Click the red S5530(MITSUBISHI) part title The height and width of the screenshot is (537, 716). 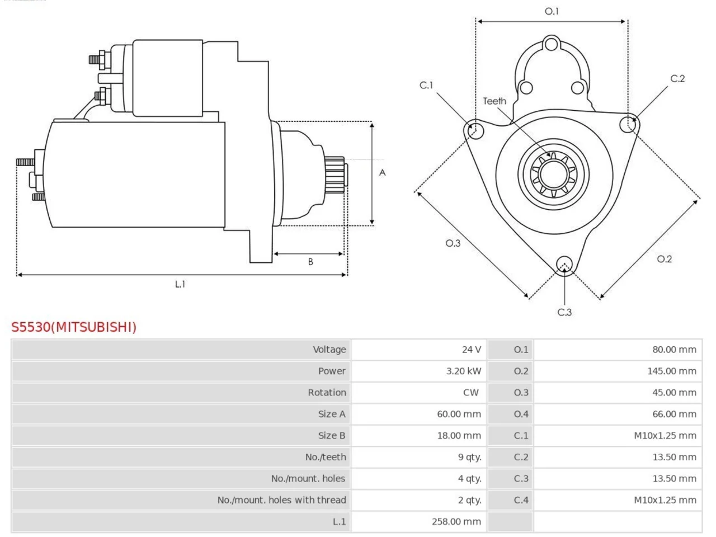tap(74, 327)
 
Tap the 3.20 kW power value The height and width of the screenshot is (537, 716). tap(464, 371)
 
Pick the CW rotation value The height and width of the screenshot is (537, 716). tap(470, 393)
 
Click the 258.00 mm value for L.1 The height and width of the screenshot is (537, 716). tap(456, 522)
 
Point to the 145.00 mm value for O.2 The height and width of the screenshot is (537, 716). tap(672, 371)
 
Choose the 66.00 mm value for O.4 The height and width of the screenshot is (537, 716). tap(674, 414)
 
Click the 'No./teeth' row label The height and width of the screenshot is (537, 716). tap(326, 457)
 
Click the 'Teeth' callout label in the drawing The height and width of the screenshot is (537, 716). tap(494, 101)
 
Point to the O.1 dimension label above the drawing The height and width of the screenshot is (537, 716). tap(552, 11)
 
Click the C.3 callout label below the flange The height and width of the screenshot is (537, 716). tap(564, 312)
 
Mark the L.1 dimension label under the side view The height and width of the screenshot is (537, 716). tap(180, 284)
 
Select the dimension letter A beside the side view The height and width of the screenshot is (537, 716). tap(382, 172)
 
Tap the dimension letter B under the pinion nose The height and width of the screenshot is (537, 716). tap(310, 261)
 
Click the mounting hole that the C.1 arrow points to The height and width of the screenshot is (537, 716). tap(476, 131)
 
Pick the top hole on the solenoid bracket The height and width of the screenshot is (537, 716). tap(552, 44)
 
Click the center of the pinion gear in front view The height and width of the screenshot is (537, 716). tap(554, 175)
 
